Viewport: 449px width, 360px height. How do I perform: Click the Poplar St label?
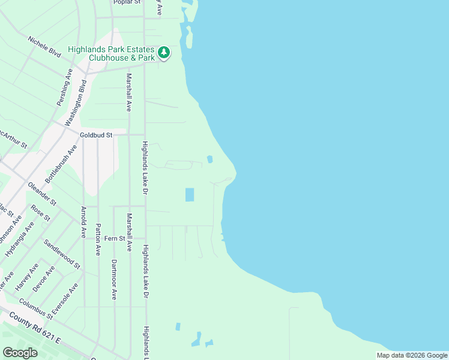tap(127, 2)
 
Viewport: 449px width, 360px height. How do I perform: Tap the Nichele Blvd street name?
tap(44, 46)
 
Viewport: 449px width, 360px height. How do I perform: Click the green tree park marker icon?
tap(164, 53)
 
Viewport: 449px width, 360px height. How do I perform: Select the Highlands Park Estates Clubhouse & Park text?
tap(112, 53)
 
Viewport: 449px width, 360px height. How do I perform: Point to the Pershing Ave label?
tap(65, 88)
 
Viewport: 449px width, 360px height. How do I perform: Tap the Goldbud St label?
tap(97, 135)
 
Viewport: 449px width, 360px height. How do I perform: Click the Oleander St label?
tap(42, 193)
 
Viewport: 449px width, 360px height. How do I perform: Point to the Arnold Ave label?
tap(83, 221)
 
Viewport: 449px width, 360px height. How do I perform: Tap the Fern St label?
tap(114, 238)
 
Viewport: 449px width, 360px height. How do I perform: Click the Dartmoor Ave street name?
tap(113, 280)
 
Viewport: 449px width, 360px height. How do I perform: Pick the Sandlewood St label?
tap(61, 253)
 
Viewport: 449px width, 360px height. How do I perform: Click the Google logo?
tap(20, 353)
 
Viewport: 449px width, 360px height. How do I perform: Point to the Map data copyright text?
tap(412, 355)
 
